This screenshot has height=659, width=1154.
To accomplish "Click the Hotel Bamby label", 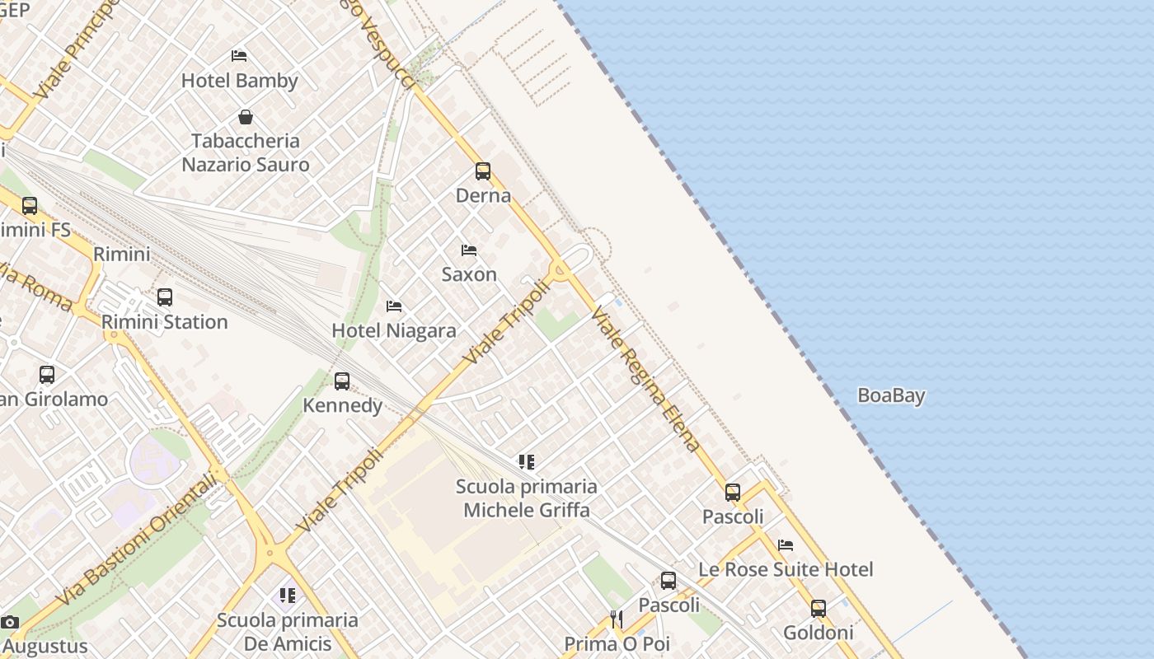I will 239,81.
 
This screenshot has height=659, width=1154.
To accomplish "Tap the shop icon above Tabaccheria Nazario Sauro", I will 245,117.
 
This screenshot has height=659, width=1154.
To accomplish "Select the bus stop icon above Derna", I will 483,171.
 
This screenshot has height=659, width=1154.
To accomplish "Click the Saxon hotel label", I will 469,274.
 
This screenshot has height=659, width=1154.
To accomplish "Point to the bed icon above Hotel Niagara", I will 394,306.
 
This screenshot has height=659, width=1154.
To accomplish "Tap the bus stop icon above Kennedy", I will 342,381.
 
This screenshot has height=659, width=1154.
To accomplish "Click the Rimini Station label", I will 165,322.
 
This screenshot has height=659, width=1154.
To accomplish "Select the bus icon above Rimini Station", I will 165,297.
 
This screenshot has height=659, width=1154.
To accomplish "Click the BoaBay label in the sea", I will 891,396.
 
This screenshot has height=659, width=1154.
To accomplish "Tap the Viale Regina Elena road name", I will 646,381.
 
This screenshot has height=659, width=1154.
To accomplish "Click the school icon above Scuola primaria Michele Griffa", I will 527,462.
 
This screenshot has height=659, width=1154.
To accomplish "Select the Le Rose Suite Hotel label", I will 786,570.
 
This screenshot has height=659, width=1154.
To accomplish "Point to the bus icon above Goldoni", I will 818,609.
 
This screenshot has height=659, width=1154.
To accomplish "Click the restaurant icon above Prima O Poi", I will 617,619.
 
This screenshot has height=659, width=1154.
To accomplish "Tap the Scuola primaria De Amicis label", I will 287,632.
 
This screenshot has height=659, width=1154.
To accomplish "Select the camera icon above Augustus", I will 10,623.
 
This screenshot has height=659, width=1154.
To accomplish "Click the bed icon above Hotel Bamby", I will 239,56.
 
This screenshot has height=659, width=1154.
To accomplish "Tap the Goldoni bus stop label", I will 818,633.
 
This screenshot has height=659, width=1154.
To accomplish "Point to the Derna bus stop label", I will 483,196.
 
